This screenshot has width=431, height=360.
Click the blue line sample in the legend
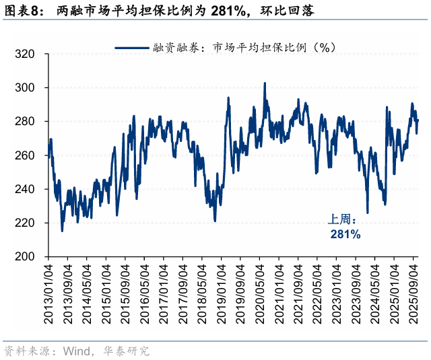[132, 48]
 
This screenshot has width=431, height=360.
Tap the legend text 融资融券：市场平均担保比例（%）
[244, 48]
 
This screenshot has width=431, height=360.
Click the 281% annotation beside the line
[345, 234]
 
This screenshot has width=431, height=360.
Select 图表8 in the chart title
[21, 11]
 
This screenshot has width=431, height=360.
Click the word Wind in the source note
[75, 351]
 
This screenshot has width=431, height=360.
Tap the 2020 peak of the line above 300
[264, 83]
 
